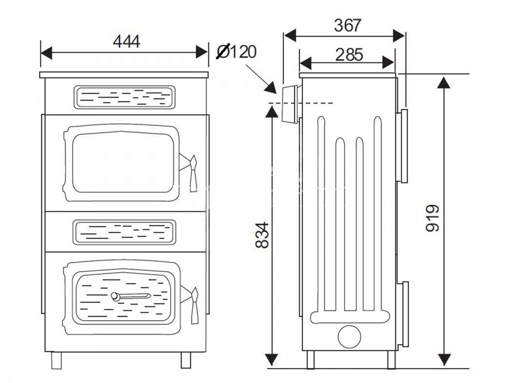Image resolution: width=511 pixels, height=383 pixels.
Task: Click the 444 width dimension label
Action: (126, 41)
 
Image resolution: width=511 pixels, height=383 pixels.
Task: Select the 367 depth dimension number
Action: (348, 25)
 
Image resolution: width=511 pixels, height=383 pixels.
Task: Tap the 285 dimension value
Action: (349, 55)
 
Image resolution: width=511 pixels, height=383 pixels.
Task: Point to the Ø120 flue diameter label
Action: (237, 51)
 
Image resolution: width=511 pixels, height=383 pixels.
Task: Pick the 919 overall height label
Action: (433, 218)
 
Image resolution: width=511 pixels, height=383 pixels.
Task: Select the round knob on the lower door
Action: (115, 296)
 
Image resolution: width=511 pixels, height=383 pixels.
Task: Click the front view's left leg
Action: (56, 360)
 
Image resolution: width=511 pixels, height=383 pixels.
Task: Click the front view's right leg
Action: (186, 360)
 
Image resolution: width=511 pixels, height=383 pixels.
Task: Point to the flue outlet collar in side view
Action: (290, 104)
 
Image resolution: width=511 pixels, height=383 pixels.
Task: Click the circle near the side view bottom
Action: (349, 337)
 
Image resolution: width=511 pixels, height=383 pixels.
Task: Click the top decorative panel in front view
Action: (124, 97)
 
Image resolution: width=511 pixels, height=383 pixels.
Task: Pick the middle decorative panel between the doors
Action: (124, 232)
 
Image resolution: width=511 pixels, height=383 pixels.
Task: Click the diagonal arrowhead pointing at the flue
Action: (271, 88)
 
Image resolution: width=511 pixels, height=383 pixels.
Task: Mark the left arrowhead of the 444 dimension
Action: (46, 52)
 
